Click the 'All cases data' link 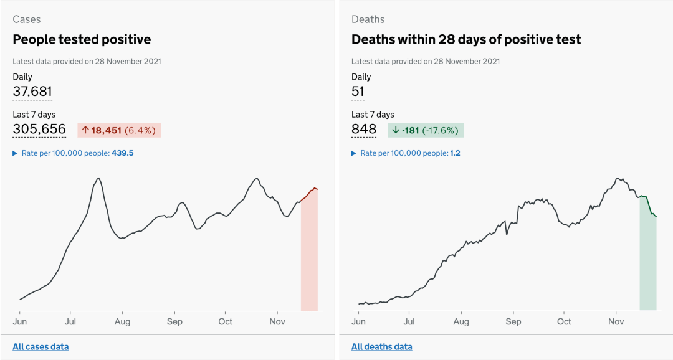click(41, 347)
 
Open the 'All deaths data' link click(381, 347)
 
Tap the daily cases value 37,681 click(32, 92)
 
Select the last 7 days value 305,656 click(39, 130)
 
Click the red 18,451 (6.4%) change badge click(119, 130)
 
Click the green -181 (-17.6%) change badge click(426, 130)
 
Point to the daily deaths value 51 click(358, 92)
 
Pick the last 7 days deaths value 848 click(364, 130)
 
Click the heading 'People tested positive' click(82, 40)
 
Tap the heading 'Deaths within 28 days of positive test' click(466, 40)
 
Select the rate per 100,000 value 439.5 click(123, 153)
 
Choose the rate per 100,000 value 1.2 click(455, 153)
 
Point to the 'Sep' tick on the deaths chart click(513, 321)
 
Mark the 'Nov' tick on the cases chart click(277, 321)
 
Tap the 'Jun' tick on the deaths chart click(358, 321)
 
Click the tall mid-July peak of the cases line click(98, 179)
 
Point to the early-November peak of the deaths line click(618, 179)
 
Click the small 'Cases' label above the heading click(26, 19)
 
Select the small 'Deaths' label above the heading click(368, 19)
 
